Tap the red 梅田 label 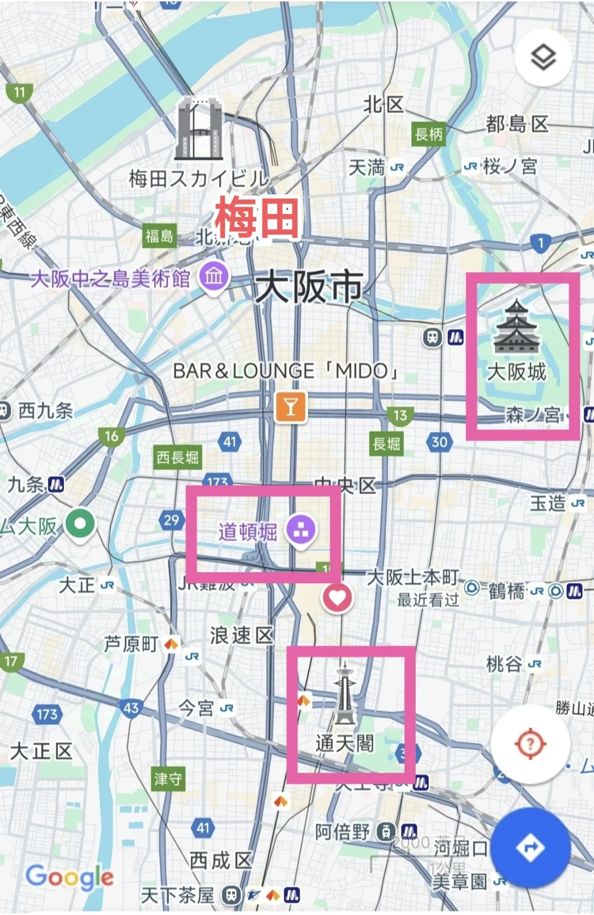pos(257,218)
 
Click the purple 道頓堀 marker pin pos(300,530)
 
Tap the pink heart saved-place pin pos(337,598)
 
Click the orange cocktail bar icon pos(290,407)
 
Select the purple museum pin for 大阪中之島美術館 pos(214,276)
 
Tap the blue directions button pos(530,848)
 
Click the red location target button pos(530,744)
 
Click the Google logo pos(70,877)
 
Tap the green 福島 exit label pos(159,236)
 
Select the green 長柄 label pos(428,134)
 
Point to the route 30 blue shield pos(439,442)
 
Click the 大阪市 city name pos(309,287)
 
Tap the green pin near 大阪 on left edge pos(81,523)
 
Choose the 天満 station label pos(367,167)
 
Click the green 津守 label pos(168,779)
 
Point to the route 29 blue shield pos(172,520)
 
